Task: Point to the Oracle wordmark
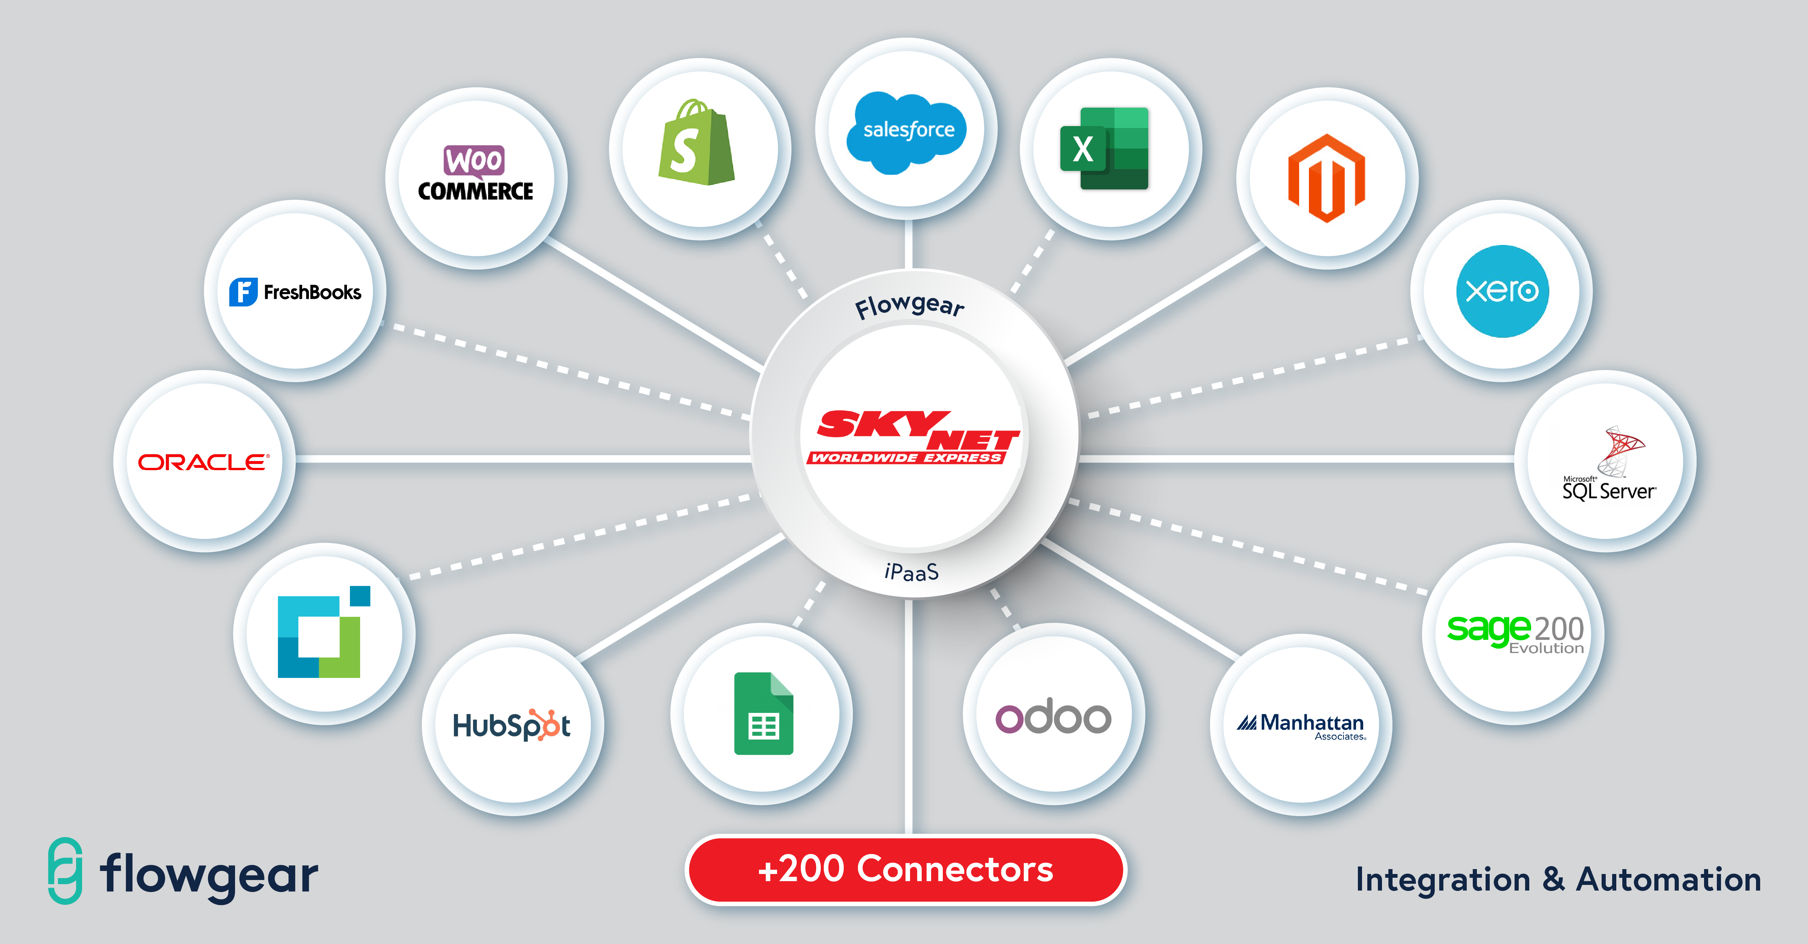[x=203, y=462]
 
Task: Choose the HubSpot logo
[x=512, y=725]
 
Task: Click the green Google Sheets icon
[x=764, y=713]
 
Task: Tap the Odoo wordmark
[x=1053, y=716]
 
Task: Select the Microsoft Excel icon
[x=1104, y=149]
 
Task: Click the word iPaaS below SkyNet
[x=912, y=572]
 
